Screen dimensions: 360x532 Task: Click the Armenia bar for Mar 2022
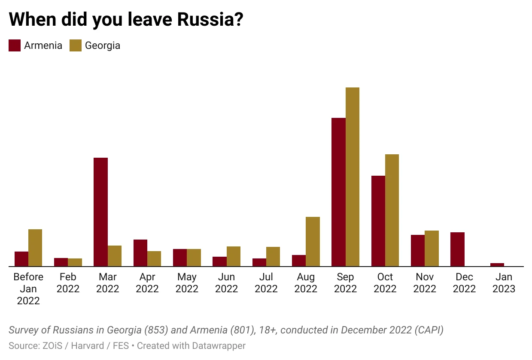coord(100,212)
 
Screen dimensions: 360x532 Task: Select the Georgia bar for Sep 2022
coord(352,177)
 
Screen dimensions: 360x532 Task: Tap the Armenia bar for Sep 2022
coord(338,192)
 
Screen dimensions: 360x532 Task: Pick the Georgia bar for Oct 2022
coord(392,210)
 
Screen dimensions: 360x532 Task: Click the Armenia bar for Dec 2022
coord(457,249)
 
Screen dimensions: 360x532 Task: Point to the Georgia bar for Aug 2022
coord(313,242)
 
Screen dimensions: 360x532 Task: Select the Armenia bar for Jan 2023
coord(497,265)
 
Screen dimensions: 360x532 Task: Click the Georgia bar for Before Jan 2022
coord(35,248)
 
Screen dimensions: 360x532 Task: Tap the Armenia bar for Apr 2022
coord(140,253)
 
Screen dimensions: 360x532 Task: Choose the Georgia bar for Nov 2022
coord(432,249)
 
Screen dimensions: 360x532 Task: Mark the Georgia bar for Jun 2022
coord(234,256)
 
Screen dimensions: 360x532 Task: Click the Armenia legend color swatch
coord(15,45)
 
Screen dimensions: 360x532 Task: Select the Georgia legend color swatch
coord(76,45)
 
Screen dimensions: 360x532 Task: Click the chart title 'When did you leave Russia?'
coord(126,20)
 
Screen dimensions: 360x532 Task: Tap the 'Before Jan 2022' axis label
coord(28,289)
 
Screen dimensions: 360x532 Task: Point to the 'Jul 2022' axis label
coord(266,283)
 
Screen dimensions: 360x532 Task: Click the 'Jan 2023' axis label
coord(504,283)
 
